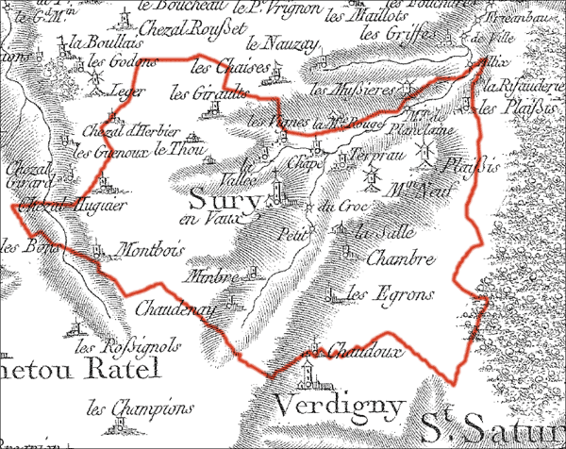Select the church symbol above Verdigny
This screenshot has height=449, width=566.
point(306,374)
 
